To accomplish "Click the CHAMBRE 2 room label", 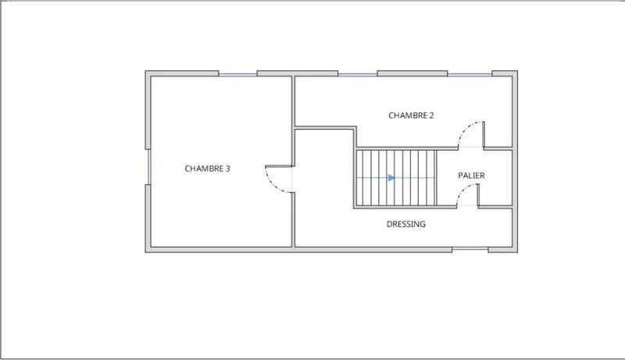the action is [x=411, y=116].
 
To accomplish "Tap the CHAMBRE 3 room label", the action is [x=207, y=169].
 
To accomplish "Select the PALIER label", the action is [x=471, y=176].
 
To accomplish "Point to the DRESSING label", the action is [x=406, y=224].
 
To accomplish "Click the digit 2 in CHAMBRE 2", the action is [x=431, y=116].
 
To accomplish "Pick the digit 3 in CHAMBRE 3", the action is [x=227, y=169].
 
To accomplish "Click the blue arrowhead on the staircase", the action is [x=391, y=177].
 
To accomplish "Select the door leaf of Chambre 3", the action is [x=279, y=166].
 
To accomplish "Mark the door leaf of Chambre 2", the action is [x=484, y=134].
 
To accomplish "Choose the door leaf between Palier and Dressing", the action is [x=478, y=195].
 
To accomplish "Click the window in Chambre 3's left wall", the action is [x=148, y=167].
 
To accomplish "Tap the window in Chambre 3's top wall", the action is [x=237, y=74].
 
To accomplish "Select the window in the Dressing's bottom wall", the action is [x=470, y=249].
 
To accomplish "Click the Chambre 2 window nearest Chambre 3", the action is [x=358, y=74].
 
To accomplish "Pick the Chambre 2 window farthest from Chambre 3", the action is [x=470, y=74].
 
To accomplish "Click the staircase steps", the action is [x=396, y=177].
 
